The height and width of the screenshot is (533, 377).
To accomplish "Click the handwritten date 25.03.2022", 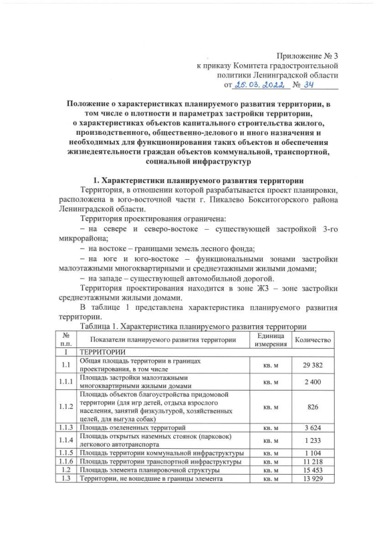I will click(260, 85).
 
